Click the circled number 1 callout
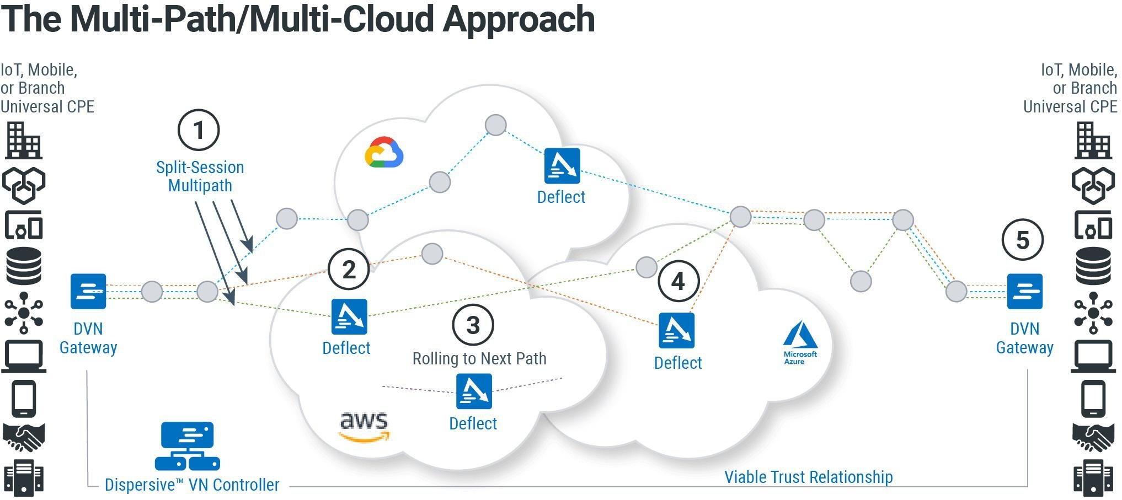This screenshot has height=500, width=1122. point(199,131)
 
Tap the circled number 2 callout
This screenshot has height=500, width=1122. point(349,270)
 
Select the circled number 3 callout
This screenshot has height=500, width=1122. point(473,325)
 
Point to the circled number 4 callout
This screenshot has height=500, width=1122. point(678,281)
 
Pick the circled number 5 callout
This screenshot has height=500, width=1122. point(1023,240)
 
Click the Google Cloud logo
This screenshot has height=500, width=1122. point(384,152)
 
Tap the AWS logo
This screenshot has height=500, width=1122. point(364,427)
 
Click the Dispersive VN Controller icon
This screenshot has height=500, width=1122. point(188,446)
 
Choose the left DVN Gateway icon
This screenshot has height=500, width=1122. point(88,291)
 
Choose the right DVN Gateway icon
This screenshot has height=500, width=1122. point(1025,291)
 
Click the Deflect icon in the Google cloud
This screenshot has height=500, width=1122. point(562,165)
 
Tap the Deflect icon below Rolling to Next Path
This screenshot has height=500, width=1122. point(474,391)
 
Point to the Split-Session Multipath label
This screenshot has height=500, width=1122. point(200,176)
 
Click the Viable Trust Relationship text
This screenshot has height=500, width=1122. point(808,477)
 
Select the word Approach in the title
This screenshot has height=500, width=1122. point(519,20)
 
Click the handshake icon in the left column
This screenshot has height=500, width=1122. point(24,438)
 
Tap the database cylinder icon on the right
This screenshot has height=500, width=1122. point(1093,266)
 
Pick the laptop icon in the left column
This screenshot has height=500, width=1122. point(24,356)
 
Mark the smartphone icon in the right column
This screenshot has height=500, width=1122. point(1093,398)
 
